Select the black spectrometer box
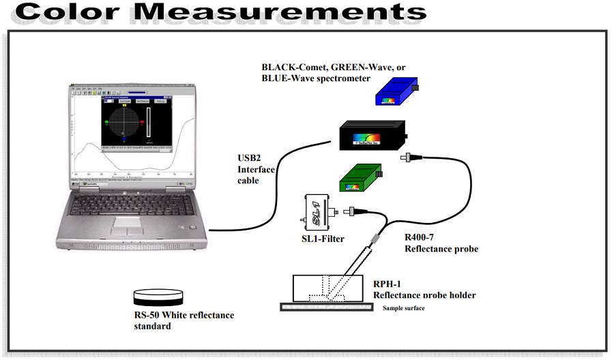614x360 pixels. point(372,137)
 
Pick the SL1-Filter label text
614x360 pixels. point(323,239)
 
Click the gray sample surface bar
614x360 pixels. point(326,307)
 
